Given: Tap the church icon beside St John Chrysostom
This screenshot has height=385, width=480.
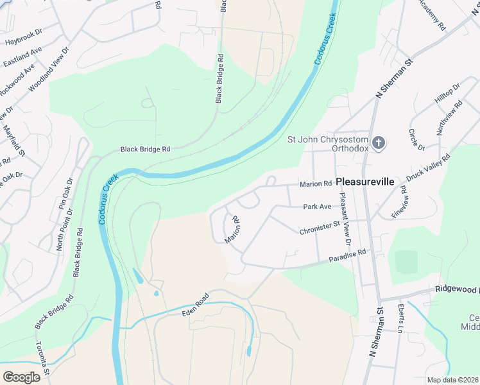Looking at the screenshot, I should point(379,142).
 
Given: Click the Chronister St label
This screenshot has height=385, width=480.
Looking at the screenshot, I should point(319,228).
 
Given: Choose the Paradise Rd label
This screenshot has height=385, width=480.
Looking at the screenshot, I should point(347,256).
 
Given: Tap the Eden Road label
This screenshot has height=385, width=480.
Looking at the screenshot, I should point(196,304).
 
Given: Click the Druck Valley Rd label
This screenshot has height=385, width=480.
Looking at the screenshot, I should point(428,167).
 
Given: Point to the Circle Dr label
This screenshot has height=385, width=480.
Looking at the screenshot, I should point(416,140).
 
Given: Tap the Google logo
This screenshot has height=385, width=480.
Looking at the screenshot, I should point(21,377).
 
